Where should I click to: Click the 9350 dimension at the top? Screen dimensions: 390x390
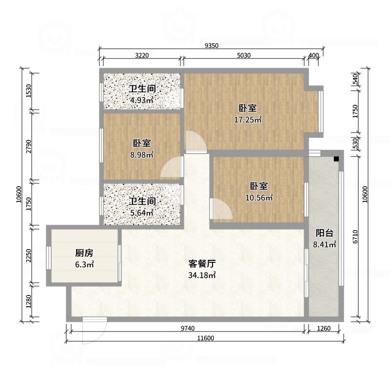coord(212,46)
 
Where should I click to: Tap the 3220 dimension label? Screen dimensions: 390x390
coord(141,56)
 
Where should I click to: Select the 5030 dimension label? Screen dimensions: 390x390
coord(244,56)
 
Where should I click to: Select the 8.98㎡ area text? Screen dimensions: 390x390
coord(141,155)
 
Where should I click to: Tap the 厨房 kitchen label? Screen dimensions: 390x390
coord(84,253)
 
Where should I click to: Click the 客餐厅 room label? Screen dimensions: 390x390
coord(202,264)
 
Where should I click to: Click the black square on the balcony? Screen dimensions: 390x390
coord(336,159)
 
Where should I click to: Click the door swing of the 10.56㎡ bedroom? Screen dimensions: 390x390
coord(221,209)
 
